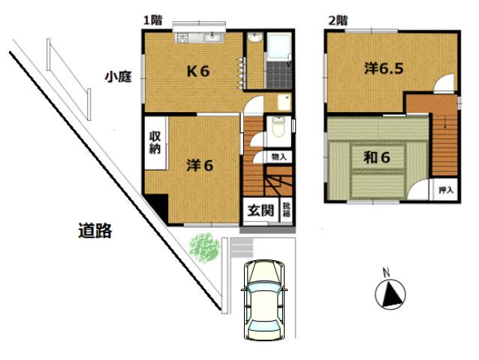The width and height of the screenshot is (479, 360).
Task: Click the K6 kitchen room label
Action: coord(198,71)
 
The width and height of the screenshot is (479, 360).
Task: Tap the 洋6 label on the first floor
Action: coord(200,165)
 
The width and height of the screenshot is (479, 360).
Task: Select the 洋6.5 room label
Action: coord(384,68)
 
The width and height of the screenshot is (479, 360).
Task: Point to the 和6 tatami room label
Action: coord(377,158)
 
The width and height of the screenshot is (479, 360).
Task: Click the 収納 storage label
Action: coord(155,143)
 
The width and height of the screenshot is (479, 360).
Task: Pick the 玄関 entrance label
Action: coord(261,210)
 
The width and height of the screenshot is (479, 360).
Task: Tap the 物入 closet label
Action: coord(279,157)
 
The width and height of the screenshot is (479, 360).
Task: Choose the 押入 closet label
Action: coord(446,190)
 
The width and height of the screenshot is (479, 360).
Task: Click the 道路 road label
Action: coord(95,231)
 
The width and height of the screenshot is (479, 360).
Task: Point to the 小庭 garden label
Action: coord(118,77)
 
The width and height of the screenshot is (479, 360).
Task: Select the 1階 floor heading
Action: coord(152,20)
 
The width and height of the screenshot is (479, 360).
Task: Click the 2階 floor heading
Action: coord(338,21)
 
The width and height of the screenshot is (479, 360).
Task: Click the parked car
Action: coord(264,300)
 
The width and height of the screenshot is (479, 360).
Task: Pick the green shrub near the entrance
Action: coord(204,247)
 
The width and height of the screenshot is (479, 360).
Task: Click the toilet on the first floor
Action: coord(279,126)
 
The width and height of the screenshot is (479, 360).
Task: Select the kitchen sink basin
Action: coord(213,38)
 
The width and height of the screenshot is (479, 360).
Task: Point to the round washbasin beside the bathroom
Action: coord(255,38)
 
